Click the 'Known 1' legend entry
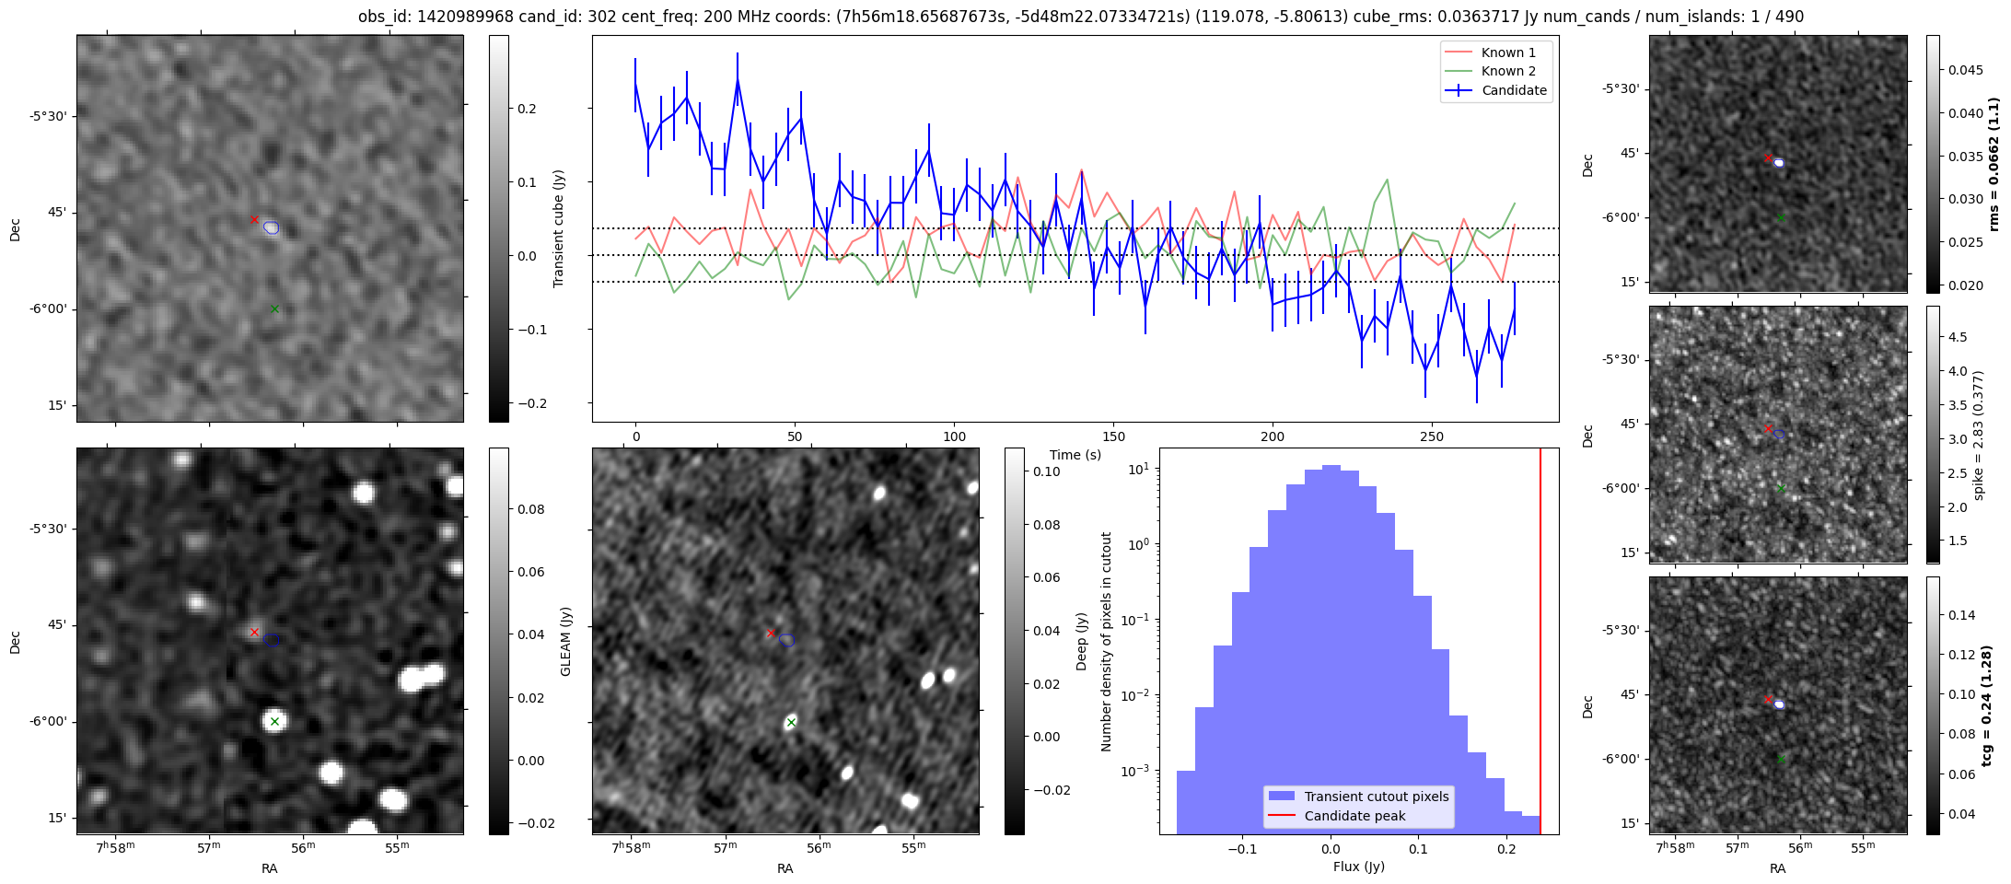1507,52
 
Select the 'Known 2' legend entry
1507,71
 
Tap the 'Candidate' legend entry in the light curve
1514,90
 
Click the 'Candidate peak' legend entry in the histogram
1354,816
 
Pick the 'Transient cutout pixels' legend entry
1376,797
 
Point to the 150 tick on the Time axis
1113,436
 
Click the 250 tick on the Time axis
1432,436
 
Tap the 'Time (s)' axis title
1075,455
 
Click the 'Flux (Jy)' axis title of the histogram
1358,867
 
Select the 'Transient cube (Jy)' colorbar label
558,228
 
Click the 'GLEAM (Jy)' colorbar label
565,641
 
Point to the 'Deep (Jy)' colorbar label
1081,641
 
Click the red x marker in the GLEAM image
254,633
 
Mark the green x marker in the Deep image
791,723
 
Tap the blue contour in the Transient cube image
271,227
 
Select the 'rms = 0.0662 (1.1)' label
1994,164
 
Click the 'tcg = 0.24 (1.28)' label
1988,705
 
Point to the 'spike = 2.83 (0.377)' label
1979,435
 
